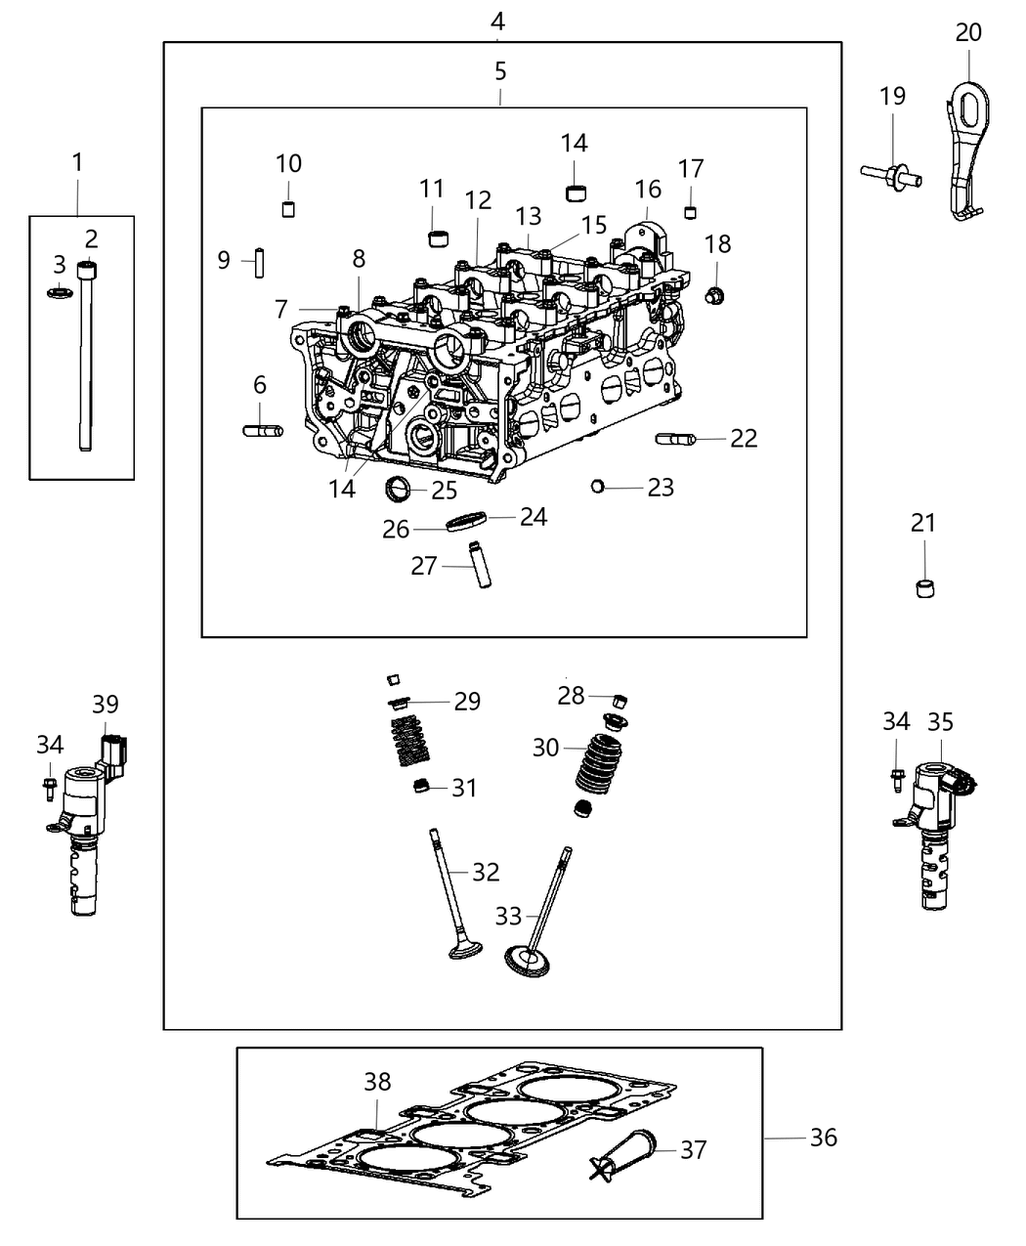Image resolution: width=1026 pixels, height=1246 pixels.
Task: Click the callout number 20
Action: [x=967, y=32]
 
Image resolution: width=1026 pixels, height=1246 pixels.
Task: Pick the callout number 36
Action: [x=823, y=1138]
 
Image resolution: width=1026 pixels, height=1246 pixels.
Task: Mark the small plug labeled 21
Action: [x=923, y=588]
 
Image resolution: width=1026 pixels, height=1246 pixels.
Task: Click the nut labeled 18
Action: [x=714, y=294]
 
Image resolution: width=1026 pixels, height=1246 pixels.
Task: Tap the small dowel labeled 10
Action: [x=288, y=208]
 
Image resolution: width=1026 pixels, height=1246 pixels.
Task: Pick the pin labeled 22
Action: [x=675, y=439]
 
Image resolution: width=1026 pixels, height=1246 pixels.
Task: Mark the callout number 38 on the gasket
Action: [x=377, y=1082]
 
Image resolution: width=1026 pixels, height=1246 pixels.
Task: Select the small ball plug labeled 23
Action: [x=598, y=486]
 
